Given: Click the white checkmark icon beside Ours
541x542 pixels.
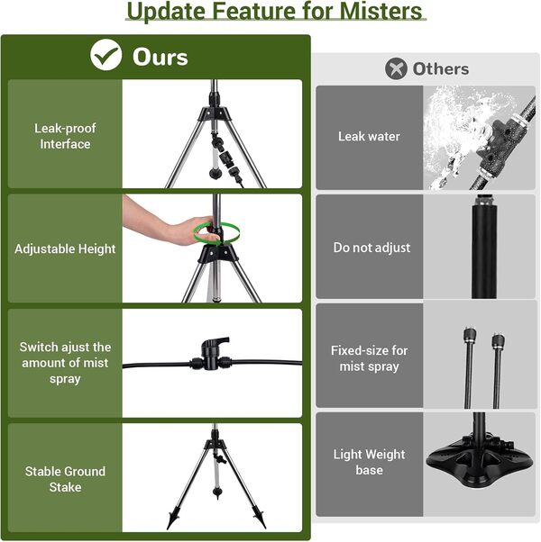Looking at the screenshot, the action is (x=105, y=55).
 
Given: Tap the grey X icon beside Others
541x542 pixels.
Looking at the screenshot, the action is (x=396, y=68).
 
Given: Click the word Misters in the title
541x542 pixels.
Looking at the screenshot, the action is (x=381, y=11).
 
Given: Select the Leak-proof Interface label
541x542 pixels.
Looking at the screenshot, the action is (x=65, y=136).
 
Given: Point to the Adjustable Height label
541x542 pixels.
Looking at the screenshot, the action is (x=65, y=248).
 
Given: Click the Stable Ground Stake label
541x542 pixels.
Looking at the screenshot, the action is (x=65, y=479).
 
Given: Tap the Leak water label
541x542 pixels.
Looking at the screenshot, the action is (x=369, y=136).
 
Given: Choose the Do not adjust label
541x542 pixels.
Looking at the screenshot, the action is (x=371, y=248).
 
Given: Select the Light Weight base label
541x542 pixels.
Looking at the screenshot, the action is (x=369, y=462).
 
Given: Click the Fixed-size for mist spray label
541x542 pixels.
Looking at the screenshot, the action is (x=369, y=358).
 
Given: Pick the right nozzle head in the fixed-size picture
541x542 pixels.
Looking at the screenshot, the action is (x=498, y=341).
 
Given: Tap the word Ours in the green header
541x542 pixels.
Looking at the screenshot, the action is (x=160, y=57).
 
